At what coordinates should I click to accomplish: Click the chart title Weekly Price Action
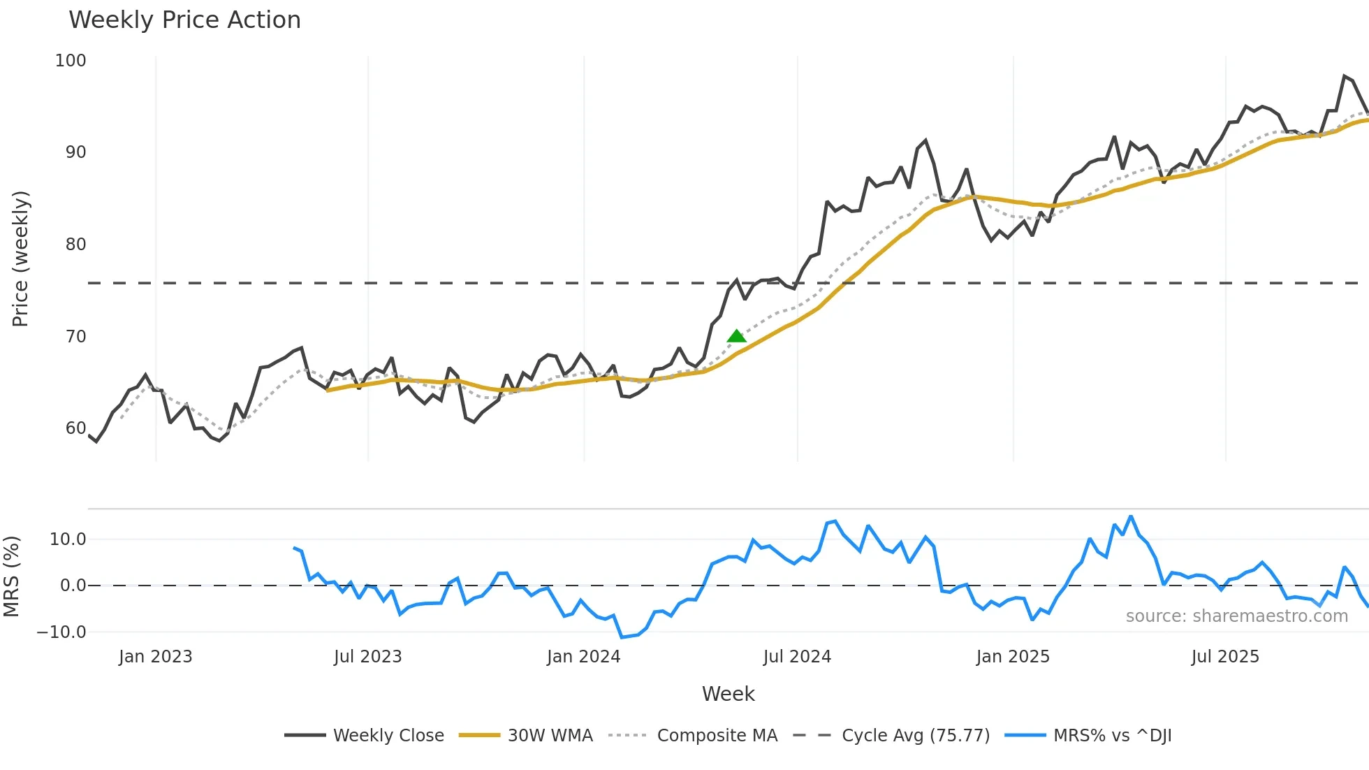click(x=184, y=20)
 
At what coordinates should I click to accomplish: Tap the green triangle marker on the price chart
click(x=736, y=336)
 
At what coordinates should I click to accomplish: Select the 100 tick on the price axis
click(x=71, y=61)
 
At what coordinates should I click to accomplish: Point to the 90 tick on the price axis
click(x=75, y=152)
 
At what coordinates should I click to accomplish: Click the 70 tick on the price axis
click(x=75, y=337)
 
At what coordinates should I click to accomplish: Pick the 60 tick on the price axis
click(x=75, y=428)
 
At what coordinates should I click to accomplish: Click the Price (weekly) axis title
click(x=20, y=259)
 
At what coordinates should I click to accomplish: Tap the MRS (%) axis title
click(x=11, y=576)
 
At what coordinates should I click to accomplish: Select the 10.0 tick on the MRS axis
click(x=68, y=539)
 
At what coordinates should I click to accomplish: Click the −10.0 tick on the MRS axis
click(x=61, y=632)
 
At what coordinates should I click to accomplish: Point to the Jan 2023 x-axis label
click(x=155, y=657)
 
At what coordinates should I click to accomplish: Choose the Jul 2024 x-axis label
click(x=797, y=657)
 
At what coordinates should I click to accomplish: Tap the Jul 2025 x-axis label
click(x=1225, y=657)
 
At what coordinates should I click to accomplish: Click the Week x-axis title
click(x=728, y=694)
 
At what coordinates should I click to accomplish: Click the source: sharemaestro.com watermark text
click(x=1236, y=616)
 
